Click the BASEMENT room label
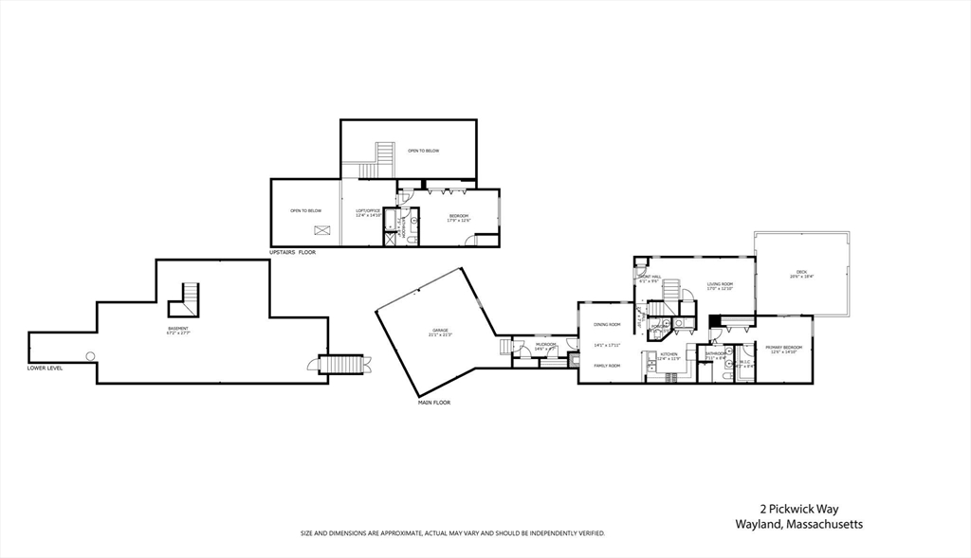pos(178,329)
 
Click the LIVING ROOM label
pos(721,284)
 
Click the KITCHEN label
pos(669,354)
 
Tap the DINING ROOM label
pos(607,324)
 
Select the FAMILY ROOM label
pos(607,366)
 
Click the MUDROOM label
pos(545,344)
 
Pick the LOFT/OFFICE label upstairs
pos(368,210)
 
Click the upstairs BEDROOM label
pos(459,216)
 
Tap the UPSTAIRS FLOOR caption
pos(293,253)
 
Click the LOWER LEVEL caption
pos(46,368)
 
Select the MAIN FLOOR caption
pos(434,403)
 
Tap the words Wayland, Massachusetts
pos(799,525)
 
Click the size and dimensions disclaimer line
pos(453,533)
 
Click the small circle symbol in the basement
pos(91,356)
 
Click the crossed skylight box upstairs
pos(323,230)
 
